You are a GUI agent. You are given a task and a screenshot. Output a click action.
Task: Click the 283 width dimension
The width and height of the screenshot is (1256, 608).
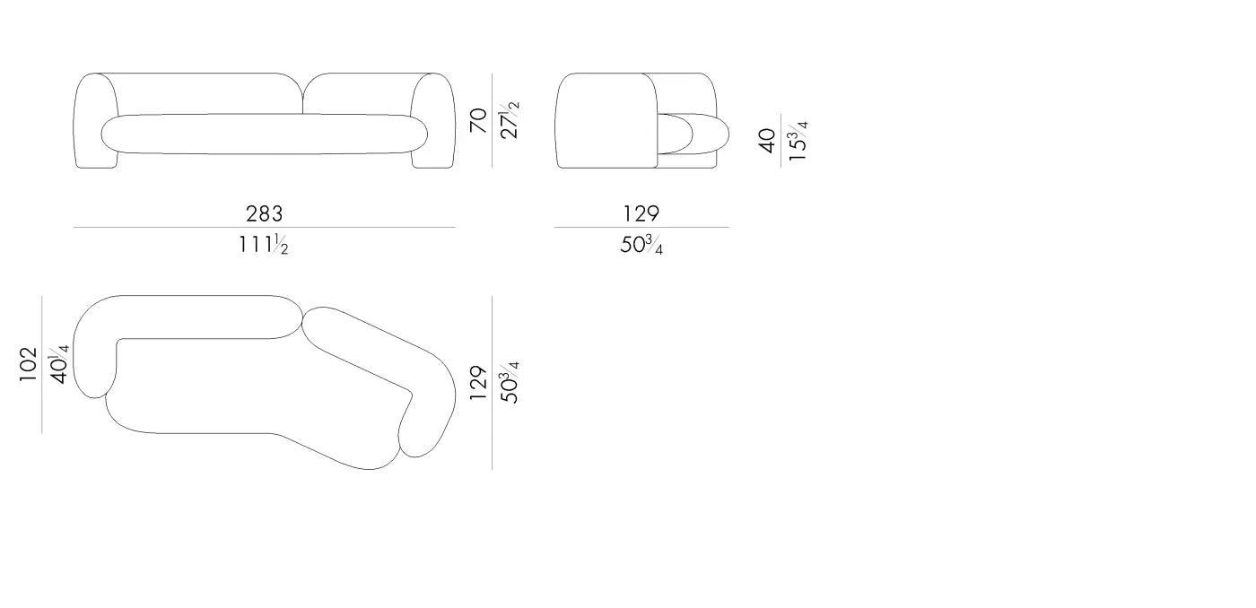point(264,213)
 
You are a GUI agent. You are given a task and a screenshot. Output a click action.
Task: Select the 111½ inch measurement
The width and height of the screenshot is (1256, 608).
point(264,244)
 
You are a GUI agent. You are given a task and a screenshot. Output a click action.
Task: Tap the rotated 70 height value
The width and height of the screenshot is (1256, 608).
point(478,120)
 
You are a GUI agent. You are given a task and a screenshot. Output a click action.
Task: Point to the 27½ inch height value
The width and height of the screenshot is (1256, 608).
point(510,120)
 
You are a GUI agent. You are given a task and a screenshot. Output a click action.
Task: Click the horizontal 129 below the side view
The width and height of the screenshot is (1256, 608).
point(641,213)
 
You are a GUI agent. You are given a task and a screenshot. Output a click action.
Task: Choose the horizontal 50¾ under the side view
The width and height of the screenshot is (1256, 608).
point(641,245)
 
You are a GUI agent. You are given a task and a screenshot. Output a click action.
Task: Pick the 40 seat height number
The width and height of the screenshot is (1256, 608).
point(766,141)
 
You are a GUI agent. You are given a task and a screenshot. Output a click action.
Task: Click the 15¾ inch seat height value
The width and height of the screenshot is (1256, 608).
point(798,141)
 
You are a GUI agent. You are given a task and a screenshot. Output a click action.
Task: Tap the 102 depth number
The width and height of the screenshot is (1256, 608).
point(28,364)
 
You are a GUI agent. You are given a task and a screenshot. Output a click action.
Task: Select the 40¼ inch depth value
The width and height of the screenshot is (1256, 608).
point(59,364)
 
